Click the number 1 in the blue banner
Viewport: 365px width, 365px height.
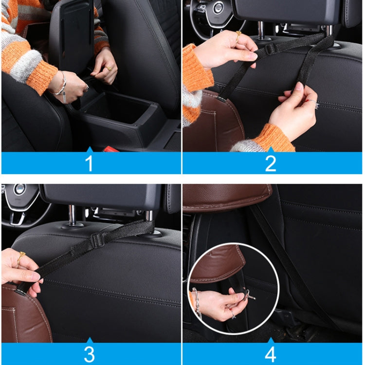(x=89, y=164)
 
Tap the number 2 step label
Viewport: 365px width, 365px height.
(x=271, y=164)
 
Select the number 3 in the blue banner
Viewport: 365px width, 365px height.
(x=89, y=353)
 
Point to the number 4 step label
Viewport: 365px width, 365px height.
(x=271, y=353)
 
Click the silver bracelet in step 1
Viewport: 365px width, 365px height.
(x=61, y=86)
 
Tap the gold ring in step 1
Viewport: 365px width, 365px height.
(x=109, y=69)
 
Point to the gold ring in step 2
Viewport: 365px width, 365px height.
(x=238, y=35)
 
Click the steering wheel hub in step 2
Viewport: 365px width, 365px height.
(x=218, y=7)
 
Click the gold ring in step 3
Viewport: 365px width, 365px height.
(x=21, y=257)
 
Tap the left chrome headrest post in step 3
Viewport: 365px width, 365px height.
(x=72, y=215)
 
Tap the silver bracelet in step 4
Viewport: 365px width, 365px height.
(x=196, y=302)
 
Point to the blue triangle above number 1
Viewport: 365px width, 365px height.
(x=89, y=149)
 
